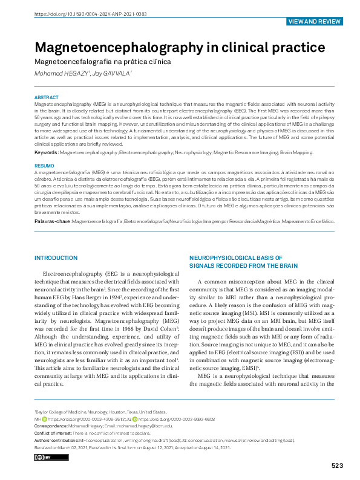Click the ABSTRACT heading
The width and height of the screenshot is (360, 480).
pos(46,97)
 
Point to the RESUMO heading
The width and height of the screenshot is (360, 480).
pos(44,166)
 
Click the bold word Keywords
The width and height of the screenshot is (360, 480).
pos(47,154)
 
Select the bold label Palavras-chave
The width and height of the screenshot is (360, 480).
pos(53,222)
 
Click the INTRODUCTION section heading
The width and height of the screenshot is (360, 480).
pos(61,258)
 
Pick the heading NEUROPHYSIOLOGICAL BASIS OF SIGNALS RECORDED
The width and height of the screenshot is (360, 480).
pos(243,261)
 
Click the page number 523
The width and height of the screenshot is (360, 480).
pos(337,465)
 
